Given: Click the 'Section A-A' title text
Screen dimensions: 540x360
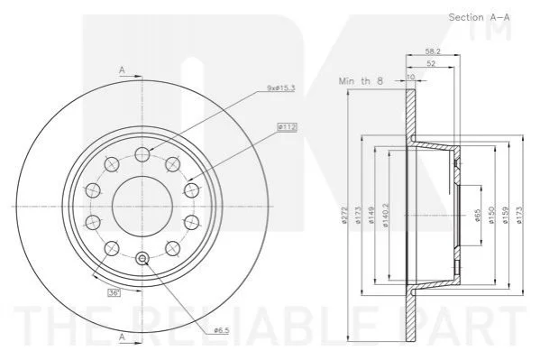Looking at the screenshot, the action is point(479,17).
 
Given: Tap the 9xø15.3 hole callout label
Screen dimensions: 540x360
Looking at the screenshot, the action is point(281,88).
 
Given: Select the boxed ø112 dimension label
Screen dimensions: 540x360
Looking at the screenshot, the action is point(287,127).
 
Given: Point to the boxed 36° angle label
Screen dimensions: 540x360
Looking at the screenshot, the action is point(114,292).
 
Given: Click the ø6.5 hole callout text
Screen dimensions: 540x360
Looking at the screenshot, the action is point(222,330).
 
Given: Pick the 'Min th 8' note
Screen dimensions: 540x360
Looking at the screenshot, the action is point(361,81).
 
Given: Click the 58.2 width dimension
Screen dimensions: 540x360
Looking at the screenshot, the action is point(433,51).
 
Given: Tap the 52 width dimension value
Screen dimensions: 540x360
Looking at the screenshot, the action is point(431,63).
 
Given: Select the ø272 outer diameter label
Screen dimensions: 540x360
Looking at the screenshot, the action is point(345,215).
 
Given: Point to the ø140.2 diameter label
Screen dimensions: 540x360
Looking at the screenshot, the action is point(385,215).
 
